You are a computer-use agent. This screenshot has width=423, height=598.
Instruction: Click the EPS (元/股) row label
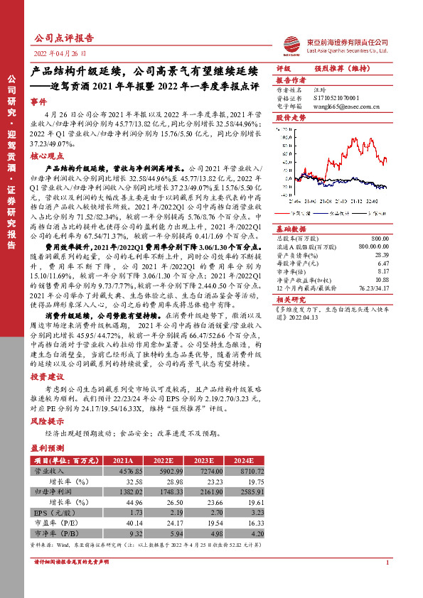click(53, 511)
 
